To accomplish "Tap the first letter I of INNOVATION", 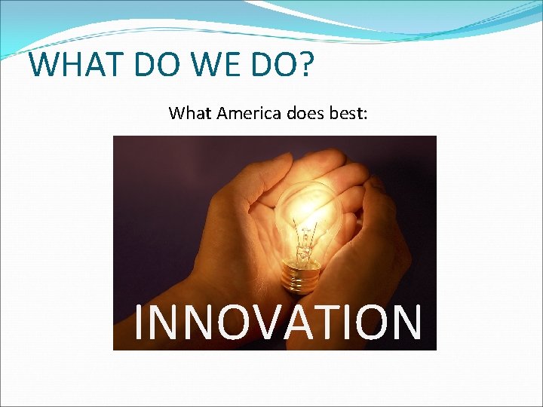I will tap(139, 322).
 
